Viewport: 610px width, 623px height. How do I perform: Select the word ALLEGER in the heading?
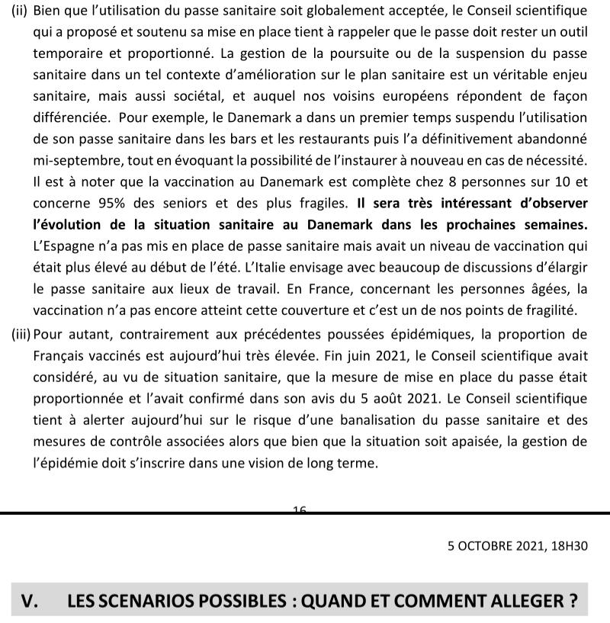click(527, 601)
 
